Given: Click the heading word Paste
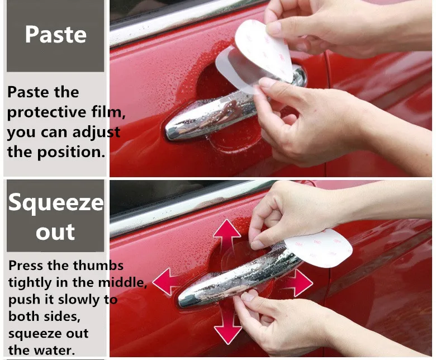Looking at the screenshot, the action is point(55,35).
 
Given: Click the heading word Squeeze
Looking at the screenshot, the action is point(56,203).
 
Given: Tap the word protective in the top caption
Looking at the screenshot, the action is point(46,112).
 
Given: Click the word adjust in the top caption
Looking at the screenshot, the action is point(96,132).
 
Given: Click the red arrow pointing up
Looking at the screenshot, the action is point(226,235).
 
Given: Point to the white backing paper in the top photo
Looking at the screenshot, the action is point(264,50).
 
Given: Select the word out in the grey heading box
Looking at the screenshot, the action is point(55,231).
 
